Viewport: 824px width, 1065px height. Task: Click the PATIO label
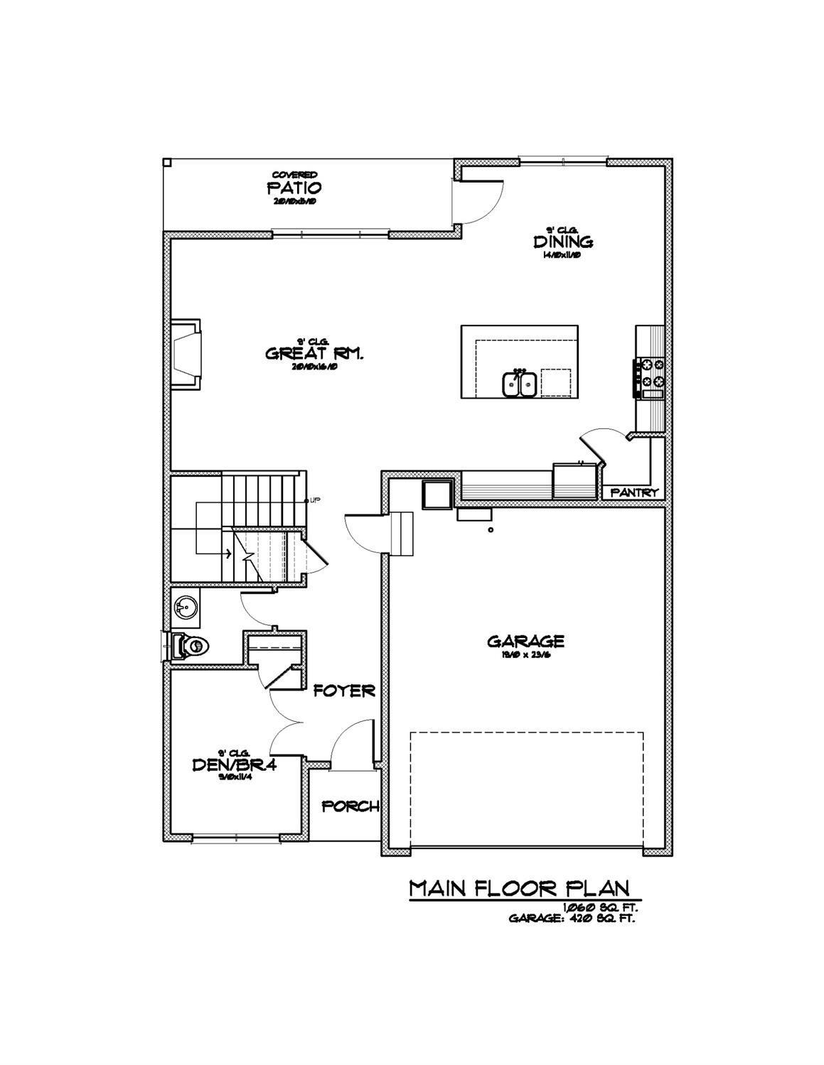(294, 188)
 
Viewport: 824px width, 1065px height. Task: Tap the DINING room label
(563, 242)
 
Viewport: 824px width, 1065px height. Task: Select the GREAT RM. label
(314, 353)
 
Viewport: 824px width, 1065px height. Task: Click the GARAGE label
(525, 642)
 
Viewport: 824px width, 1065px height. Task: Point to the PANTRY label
(635, 492)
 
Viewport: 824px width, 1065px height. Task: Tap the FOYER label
(344, 691)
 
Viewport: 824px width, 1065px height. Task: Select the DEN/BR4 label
(234, 764)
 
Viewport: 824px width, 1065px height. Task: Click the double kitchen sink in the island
(520, 384)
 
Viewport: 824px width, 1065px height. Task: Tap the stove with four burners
(652, 377)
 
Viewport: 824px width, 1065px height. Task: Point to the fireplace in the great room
(185, 353)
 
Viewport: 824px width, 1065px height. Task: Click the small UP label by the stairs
(314, 499)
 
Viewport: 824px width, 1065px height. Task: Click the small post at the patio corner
(167, 162)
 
